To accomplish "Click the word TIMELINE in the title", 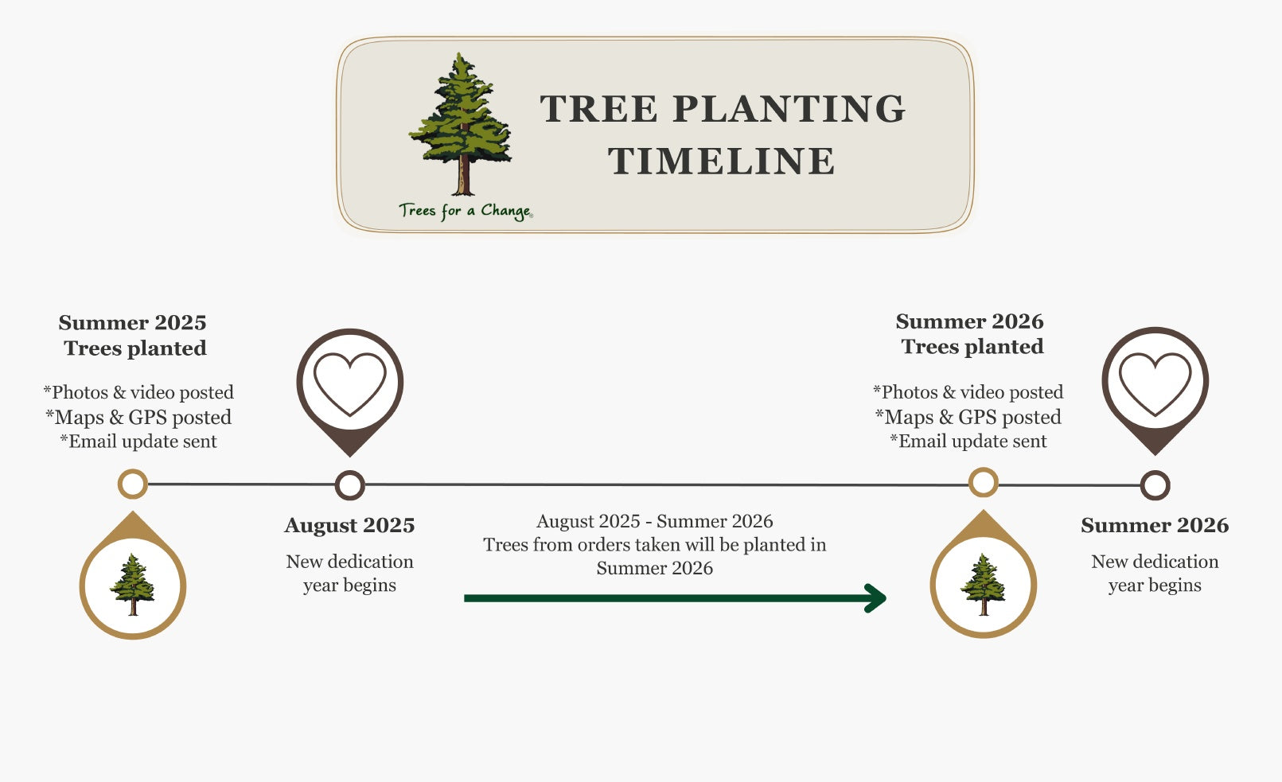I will (x=722, y=161).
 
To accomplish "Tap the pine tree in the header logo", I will (x=461, y=123).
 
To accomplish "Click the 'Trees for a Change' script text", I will (x=466, y=211).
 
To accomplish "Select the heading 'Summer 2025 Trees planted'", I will (x=133, y=335).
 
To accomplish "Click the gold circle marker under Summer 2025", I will (x=133, y=484).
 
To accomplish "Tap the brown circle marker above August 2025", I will (x=349, y=484).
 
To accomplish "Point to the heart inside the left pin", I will (x=349, y=383).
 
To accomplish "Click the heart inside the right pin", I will (x=1155, y=383).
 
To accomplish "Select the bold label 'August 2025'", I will (x=349, y=525).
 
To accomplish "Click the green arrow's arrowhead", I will (x=876, y=598).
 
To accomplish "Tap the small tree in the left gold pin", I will (x=133, y=585).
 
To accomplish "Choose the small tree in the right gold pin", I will (x=983, y=585).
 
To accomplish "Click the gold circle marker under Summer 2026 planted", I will (x=983, y=482).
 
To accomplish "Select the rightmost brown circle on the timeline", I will (x=1155, y=485).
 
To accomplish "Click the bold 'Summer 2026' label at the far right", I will (x=1155, y=525).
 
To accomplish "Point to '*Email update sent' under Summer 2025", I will (x=138, y=442).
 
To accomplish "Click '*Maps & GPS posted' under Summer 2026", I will (x=968, y=417).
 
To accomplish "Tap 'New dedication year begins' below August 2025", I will (x=349, y=573).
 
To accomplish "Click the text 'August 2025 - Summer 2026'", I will (x=654, y=521).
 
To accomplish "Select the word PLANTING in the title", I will (x=789, y=109).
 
